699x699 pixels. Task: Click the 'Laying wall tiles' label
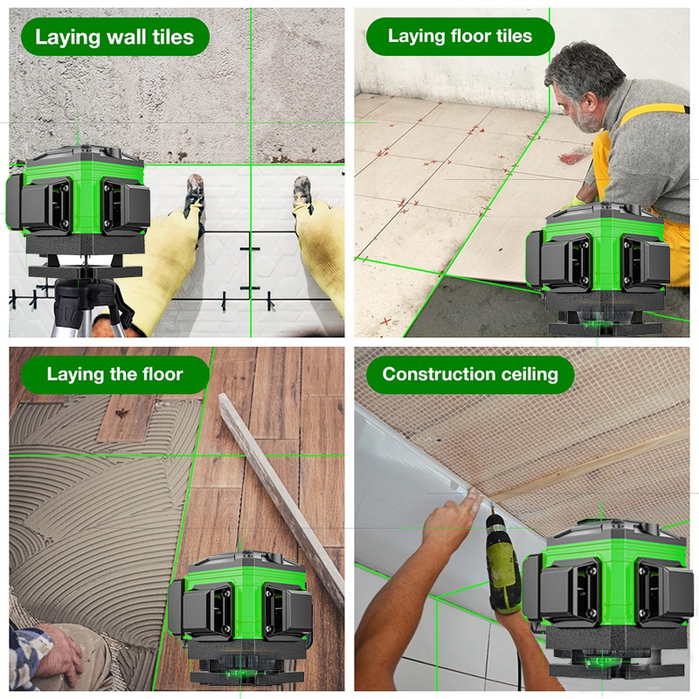(114, 37)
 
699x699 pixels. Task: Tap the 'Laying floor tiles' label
(460, 36)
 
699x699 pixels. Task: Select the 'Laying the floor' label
(114, 374)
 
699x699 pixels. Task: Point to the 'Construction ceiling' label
(470, 374)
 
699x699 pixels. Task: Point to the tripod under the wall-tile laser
(89, 308)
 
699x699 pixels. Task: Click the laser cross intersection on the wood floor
(195, 455)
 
